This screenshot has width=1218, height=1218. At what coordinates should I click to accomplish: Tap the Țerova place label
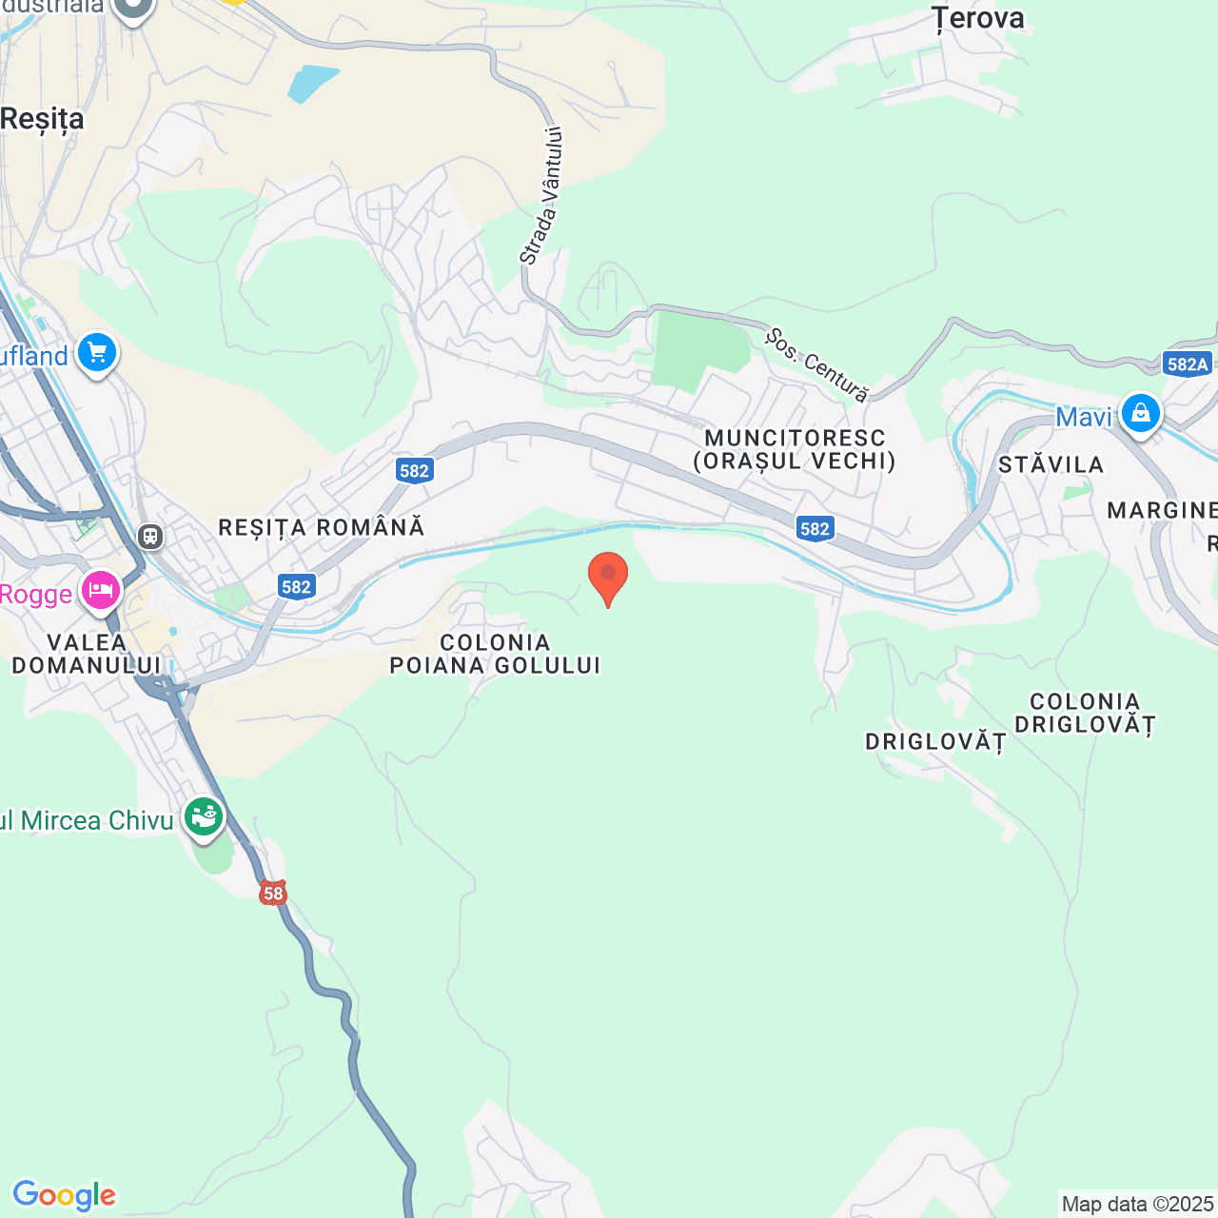point(977,18)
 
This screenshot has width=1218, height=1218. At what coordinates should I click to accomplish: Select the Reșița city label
point(43,119)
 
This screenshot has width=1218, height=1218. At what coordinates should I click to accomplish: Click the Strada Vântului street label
point(541,196)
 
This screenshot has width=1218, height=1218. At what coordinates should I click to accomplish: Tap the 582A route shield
point(1187,363)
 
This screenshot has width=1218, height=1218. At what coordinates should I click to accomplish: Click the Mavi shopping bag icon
point(1140,414)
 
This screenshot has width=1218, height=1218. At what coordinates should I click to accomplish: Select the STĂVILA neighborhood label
point(1051,464)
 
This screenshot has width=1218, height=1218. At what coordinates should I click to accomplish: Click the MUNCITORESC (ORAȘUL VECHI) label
point(795,450)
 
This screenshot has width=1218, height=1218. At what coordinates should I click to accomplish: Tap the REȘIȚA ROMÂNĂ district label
point(322,527)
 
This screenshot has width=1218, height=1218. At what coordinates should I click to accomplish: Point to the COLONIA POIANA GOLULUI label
point(496,654)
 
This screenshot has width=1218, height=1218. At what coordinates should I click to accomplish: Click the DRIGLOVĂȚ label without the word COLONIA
point(935,741)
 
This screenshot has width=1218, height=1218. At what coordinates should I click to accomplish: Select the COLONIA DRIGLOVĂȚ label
point(1085,713)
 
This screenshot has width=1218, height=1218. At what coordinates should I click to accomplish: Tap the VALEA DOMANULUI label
point(86,654)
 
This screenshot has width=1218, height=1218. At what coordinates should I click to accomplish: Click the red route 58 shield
point(273,893)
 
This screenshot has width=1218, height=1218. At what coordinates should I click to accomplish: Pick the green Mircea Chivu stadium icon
point(203,816)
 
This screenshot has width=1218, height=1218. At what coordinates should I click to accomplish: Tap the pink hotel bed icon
point(100,591)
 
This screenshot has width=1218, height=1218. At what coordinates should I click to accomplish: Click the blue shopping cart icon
point(97,353)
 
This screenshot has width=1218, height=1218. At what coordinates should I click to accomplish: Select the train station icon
point(150,536)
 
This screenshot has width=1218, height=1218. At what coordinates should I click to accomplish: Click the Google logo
point(64,1195)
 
